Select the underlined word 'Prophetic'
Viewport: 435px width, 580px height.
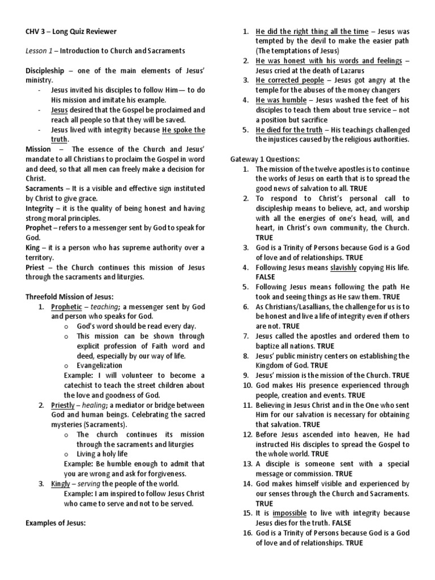(x=67, y=306)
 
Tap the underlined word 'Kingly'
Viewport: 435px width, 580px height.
(x=61, y=483)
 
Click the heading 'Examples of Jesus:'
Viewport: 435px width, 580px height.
(x=56, y=523)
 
